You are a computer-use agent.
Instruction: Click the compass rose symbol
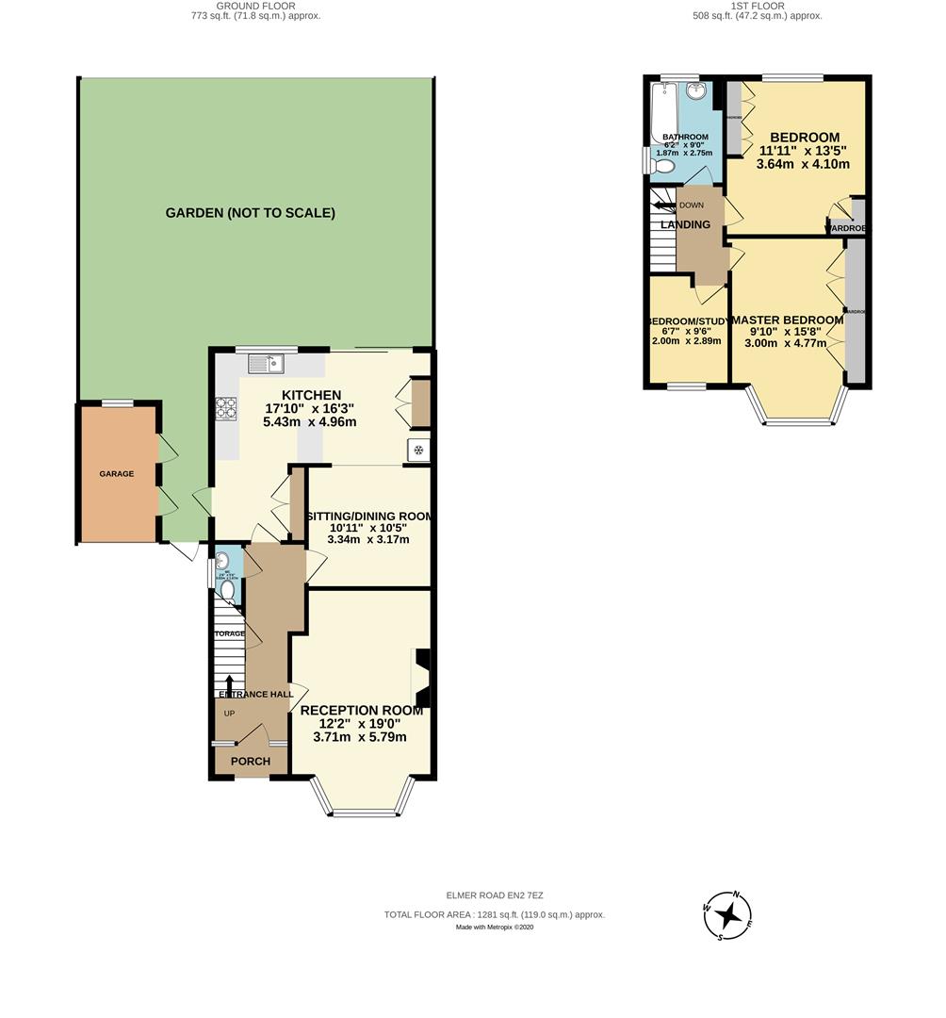coord(727,915)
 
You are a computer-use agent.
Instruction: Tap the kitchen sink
coord(267,362)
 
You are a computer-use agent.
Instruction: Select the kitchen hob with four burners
coord(227,407)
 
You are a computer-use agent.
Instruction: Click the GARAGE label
coord(117,474)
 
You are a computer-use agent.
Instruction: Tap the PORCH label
coord(251,761)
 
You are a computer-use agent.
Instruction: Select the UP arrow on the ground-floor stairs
coord(229,681)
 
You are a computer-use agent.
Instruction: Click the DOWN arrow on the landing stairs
coord(665,204)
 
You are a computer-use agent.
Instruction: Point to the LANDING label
coord(685,224)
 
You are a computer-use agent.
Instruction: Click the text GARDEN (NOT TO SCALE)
coord(251,213)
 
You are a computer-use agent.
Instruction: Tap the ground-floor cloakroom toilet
coord(227,591)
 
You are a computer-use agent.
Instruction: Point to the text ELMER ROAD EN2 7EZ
coord(494,896)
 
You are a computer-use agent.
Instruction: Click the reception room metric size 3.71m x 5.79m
coord(360,736)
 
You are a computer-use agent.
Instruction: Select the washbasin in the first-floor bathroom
coord(696,91)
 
